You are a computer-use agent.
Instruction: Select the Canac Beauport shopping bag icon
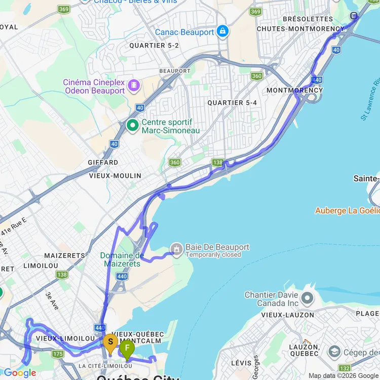222,32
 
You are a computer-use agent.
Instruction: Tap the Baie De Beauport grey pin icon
176,250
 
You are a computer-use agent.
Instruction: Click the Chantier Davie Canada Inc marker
307,298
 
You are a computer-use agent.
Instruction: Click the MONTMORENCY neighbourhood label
294,90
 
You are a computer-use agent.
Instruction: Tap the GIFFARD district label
103,163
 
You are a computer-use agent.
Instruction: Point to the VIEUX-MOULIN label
115,175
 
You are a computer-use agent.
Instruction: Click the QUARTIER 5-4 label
232,102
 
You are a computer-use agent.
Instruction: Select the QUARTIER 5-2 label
154,45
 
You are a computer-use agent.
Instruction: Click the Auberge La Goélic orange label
347,210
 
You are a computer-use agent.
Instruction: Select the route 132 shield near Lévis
345,368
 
